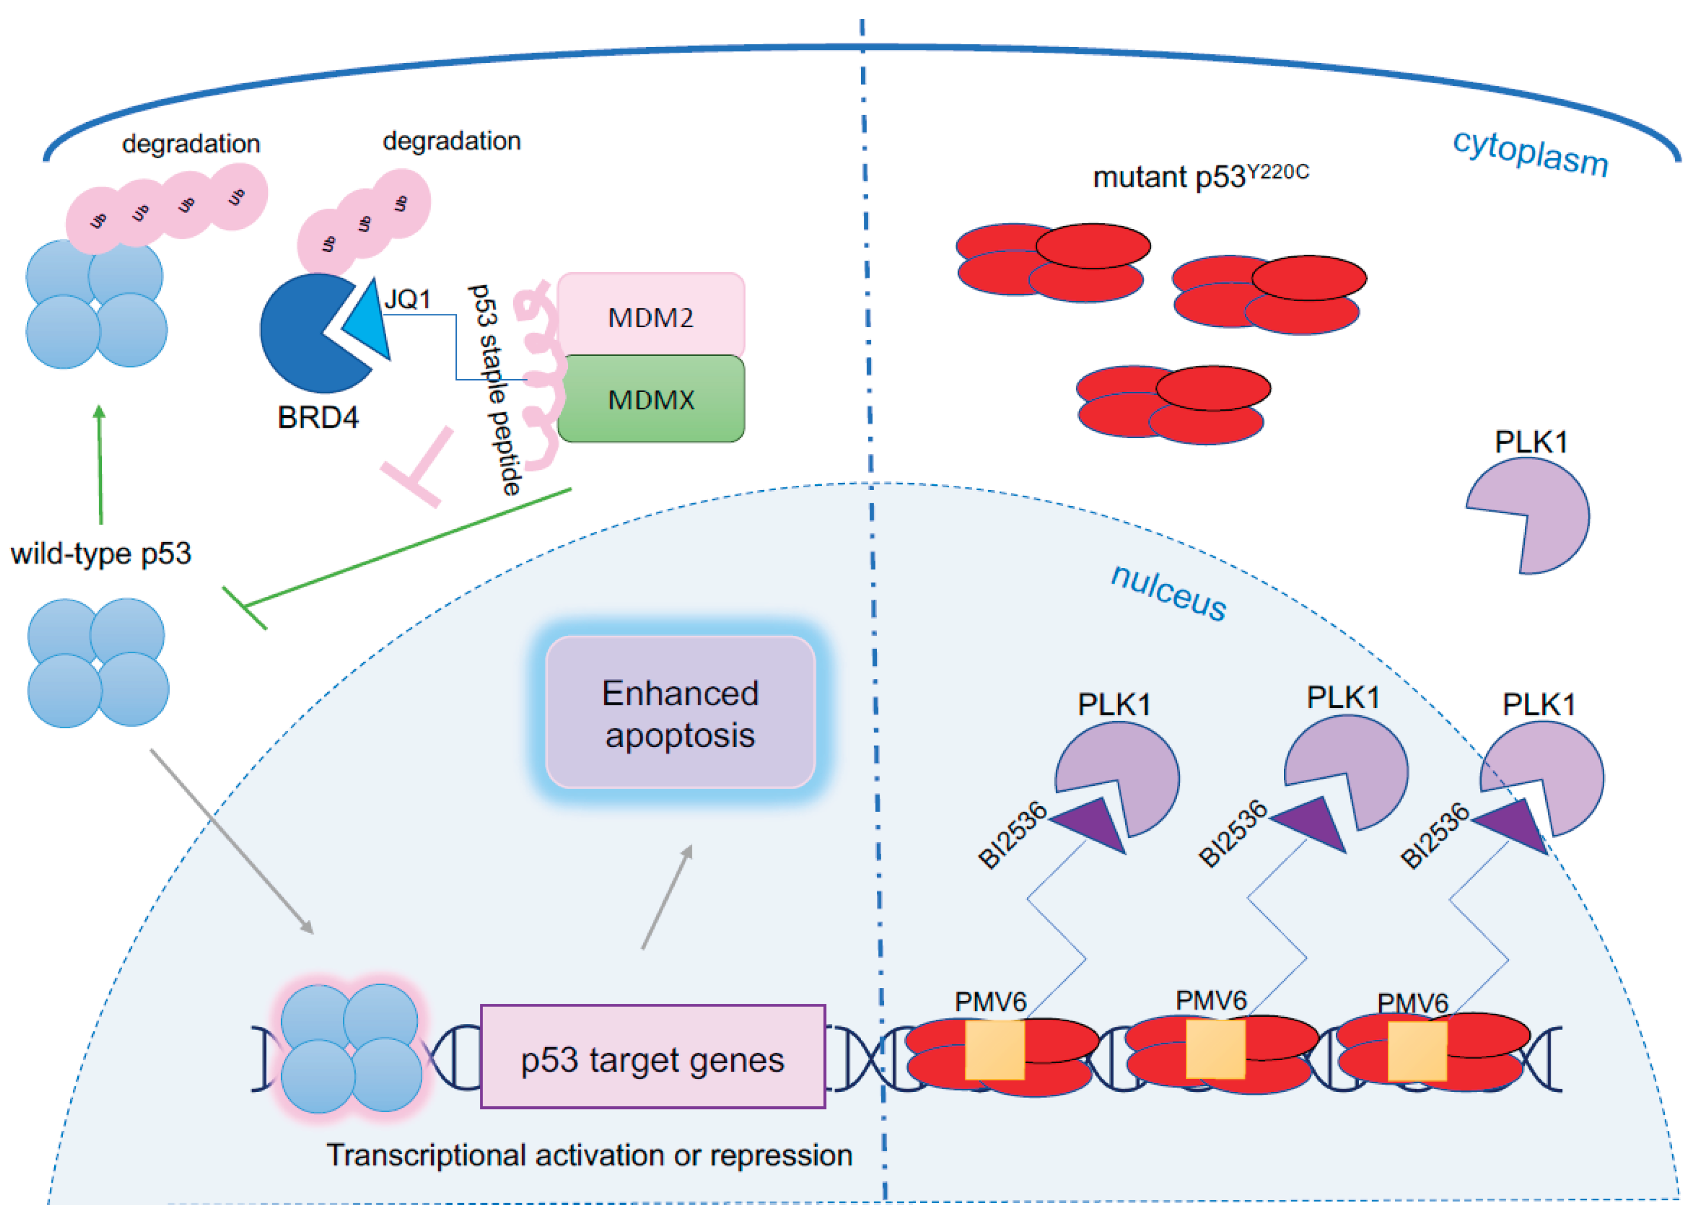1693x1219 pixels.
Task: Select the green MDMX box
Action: pyautogui.click(x=650, y=399)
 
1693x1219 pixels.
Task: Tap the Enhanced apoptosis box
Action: pyautogui.click(x=680, y=713)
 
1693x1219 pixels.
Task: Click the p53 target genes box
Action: pyautogui.click(x=652, y=1059)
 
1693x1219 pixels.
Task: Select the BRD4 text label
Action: pyautogui.click(x=318, y=417)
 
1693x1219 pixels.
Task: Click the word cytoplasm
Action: pyautogui.click(x=1530, y=152)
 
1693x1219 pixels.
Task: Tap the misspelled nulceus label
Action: pyautogui.click(x=1169, y=591)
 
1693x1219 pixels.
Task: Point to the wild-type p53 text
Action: pyautogui.click(x=101, y=554)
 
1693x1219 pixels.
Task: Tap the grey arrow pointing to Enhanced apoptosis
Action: pyautogui.click(x=667, y=896)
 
